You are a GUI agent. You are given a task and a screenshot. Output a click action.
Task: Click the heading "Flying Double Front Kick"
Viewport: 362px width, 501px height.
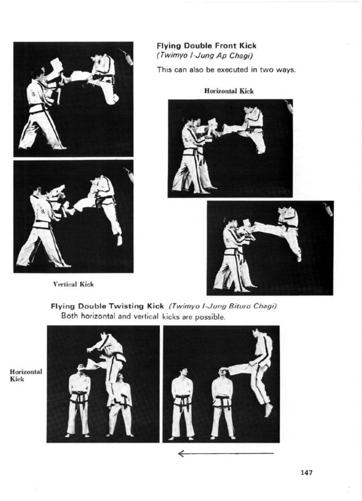pyautogui.click(x=206, y=46)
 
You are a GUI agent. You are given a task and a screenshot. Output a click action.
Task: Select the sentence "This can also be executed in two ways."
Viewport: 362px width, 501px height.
pyautogui.click(x=226, y=70)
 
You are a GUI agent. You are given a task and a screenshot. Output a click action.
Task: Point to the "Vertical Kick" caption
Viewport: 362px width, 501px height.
pyautogui.click(x=73, y=284)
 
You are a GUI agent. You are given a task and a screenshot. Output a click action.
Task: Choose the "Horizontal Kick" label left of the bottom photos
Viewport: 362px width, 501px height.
pyautogui.click(x=26, y=375)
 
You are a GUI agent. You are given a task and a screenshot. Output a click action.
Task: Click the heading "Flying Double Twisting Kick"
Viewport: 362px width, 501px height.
pyautogui.click(x=107, y=306)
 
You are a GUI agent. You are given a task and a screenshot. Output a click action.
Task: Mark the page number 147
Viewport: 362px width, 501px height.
pyautogui.click(x=307, y=473)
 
